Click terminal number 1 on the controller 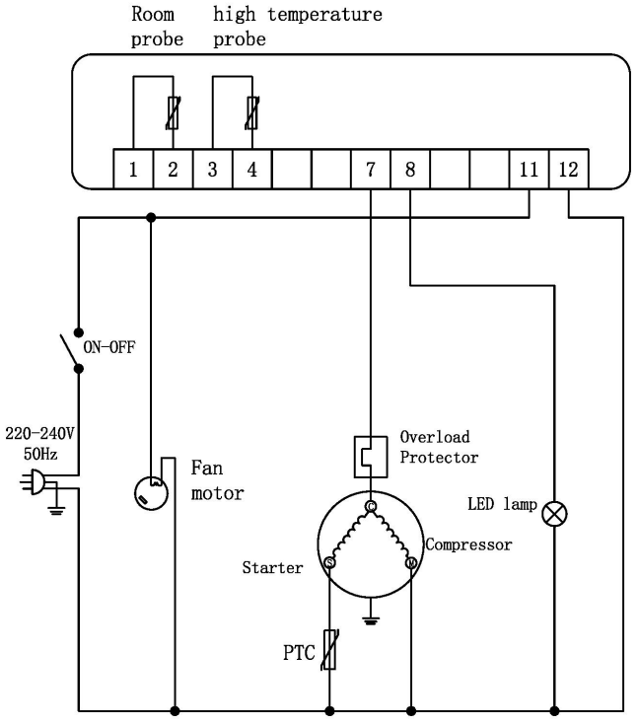pos(133,169)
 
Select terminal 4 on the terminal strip pos(251,169)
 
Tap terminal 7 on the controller pos(370,169)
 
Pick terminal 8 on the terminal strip pos(409,169)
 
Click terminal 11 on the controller pos(528,169)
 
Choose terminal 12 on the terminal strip pos(568,169)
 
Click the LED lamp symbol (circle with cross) pos(554,511)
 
